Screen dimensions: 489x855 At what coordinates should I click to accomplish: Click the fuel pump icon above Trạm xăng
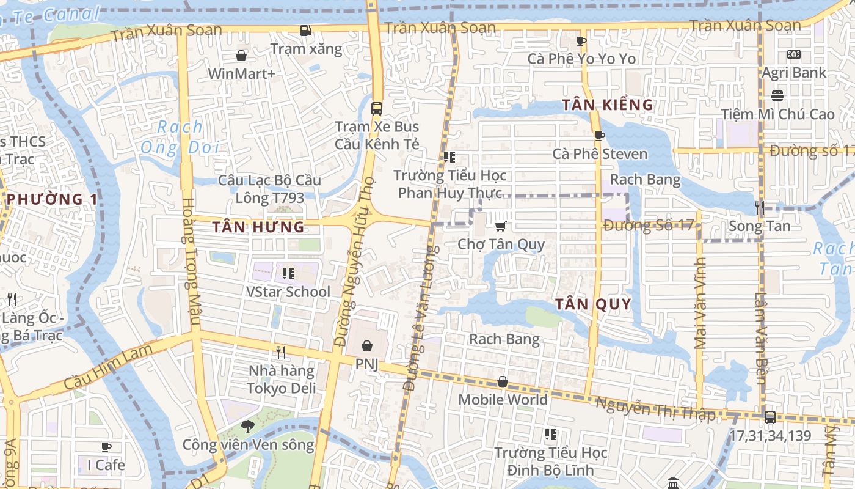pyautogui.click(x=305, y=30)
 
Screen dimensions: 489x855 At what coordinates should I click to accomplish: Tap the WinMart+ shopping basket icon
pyautogui.click(x=241, y=56)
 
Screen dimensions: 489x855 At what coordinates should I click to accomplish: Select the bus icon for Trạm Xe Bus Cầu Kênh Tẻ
pyautogui.click(x=377, y=109)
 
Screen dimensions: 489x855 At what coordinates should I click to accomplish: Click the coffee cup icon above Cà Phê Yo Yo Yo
pyautogui.click(x=581, y=41)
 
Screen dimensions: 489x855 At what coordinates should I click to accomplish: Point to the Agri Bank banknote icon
pyautogui.click(x=793, y=54)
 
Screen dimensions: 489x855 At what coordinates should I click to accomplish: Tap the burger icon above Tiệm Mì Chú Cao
pyautogui.click(x=777, y=96)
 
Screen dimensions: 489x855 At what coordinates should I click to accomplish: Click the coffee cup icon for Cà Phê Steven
pyautogui.click(x=599, y=136)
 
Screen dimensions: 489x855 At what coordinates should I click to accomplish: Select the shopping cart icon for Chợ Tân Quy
pyautogui.click(x=501, y=227)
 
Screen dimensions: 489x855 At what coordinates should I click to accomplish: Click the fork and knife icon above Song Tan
pyautogui.click(x=760, y=208)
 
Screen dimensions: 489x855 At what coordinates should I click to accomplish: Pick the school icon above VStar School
pyautogui.click(x=288, y=273)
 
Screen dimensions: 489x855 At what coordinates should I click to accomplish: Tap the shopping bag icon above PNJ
pyautogui.click(x=366, y=346)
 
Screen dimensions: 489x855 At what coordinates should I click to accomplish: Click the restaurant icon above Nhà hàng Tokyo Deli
pyautogui.click(x=281, y=352)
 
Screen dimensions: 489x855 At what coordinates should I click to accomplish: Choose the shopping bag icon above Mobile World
pyautogui.click(x=503, y=381)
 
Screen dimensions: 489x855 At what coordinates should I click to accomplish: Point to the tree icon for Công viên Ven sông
pyautogui.click(x=247, y=426)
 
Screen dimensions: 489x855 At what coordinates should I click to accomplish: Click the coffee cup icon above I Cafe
pyautogui.click(x=106, y=447)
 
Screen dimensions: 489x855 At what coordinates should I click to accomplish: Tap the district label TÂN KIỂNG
pyautogui.click(x=608, y=105)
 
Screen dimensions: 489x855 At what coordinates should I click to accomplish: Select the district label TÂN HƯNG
pyautogui.click(x=258, y=227)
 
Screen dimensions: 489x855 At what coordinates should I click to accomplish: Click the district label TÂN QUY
pyautogui.click(x=593, y=304)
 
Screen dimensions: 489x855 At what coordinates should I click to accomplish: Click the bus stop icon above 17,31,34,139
pyautogui.click(x=770, y=417)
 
